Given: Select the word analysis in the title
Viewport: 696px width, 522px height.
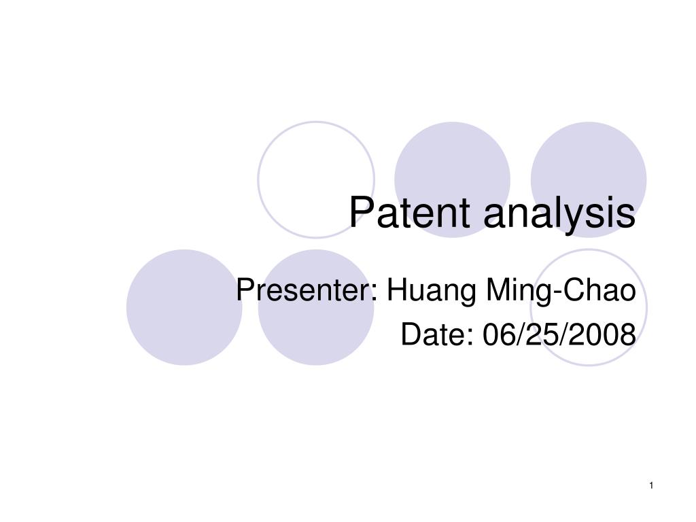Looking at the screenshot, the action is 560,215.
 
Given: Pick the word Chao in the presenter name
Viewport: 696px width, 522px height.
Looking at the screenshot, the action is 599,290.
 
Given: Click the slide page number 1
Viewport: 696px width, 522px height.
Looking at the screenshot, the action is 651,485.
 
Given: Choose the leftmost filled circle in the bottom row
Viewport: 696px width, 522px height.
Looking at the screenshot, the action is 184,307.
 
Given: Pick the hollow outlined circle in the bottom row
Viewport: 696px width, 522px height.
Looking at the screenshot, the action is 647,307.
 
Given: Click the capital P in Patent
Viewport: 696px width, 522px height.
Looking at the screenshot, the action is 360,212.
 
